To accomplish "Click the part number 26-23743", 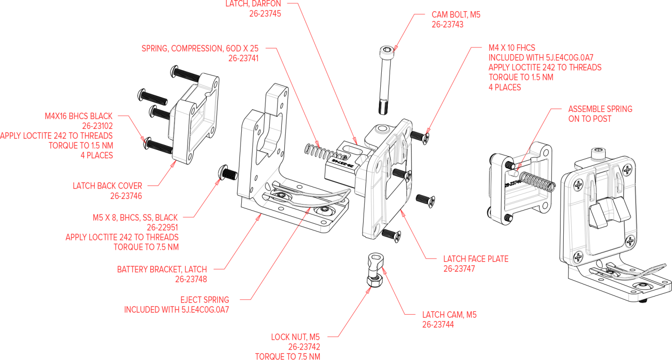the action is (447, 25).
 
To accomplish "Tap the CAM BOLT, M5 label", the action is (456, 15).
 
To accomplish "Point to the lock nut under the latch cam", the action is (375, 281).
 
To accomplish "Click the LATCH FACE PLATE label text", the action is (476, 259).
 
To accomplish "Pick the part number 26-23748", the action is (191, 279).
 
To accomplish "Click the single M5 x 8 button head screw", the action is (228, 173).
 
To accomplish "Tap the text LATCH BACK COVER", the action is (107, 186).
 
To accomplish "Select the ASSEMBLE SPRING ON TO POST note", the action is (600, 114).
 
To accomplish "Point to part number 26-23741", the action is (243, 58).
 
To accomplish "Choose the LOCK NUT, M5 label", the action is (295, 337).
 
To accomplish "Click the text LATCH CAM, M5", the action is (449, 315).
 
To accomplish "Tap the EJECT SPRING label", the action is (204, 300).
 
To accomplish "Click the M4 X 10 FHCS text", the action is (512, 48).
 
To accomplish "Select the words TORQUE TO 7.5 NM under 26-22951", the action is (146, 247).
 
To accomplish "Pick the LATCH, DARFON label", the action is (253, 4).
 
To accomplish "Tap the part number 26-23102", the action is (98, 126).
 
